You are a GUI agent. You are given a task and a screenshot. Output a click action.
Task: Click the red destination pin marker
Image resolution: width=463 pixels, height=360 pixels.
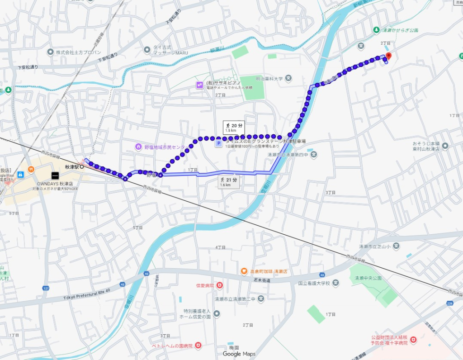(x=388, y=56)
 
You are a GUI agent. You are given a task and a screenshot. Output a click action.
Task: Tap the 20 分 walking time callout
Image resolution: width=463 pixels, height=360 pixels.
(x=233, y=127)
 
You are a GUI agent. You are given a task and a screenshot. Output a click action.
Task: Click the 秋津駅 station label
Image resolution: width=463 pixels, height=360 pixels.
(x=72, y=167)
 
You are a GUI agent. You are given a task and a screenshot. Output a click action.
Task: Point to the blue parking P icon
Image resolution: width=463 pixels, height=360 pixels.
(x=218, y=143)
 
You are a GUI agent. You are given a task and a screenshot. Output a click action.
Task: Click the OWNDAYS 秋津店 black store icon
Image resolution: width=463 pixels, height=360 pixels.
(x=55, y=175)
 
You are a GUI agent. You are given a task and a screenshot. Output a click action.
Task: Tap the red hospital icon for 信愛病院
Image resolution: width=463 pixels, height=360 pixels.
(x=220, y=285)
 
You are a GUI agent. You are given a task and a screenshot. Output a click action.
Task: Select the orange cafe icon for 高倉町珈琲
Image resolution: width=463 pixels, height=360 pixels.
(x=244, y=271)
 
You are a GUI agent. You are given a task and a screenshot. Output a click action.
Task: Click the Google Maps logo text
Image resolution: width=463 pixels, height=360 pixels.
(x=239, y=354)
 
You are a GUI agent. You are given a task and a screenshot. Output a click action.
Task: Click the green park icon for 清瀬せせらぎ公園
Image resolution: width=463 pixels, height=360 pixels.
(x=376, y=30)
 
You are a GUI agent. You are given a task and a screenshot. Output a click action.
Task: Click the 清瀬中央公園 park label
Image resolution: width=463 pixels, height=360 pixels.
(x=368, y=278)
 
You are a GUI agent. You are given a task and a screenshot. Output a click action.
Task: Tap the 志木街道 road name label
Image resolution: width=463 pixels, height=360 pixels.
(x=261, y=280)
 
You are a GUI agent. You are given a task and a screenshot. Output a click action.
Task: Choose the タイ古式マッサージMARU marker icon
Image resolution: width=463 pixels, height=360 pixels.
(x=146, y=49)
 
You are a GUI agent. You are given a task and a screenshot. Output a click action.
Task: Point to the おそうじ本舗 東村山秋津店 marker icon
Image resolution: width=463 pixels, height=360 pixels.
(x=445, y=146)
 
